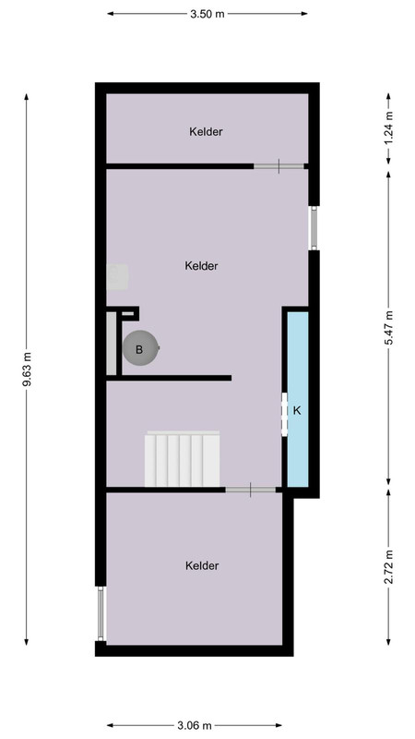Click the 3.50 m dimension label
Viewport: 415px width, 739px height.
coord(207,14)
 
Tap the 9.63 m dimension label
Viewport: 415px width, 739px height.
coord(27,369)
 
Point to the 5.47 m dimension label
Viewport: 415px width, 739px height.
coord(388,328)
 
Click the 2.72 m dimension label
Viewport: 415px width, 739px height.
coord(388,567)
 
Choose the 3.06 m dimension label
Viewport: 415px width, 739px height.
coord(195,725)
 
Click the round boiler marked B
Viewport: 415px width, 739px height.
coord(140,349)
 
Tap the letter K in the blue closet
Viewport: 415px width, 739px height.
coord(297,410)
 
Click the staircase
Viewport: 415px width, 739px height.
coord(182,458)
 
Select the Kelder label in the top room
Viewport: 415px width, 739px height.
coord(206,132)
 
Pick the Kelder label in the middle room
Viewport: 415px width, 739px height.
coord(201,266)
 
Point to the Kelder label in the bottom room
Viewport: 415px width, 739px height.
coord(202,565)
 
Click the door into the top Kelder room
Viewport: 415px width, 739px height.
coord(279,166)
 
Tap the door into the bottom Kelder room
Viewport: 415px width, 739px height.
coord(250,491)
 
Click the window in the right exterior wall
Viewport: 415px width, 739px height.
coord(314,228)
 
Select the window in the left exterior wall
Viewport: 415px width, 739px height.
coord(101,613)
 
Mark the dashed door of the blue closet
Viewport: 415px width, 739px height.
coord(284,414)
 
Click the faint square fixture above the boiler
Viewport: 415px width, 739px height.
coord(117,277)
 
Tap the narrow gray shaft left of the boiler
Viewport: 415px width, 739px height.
coord(111,343)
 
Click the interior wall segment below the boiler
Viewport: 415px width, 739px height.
coord(169,378)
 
